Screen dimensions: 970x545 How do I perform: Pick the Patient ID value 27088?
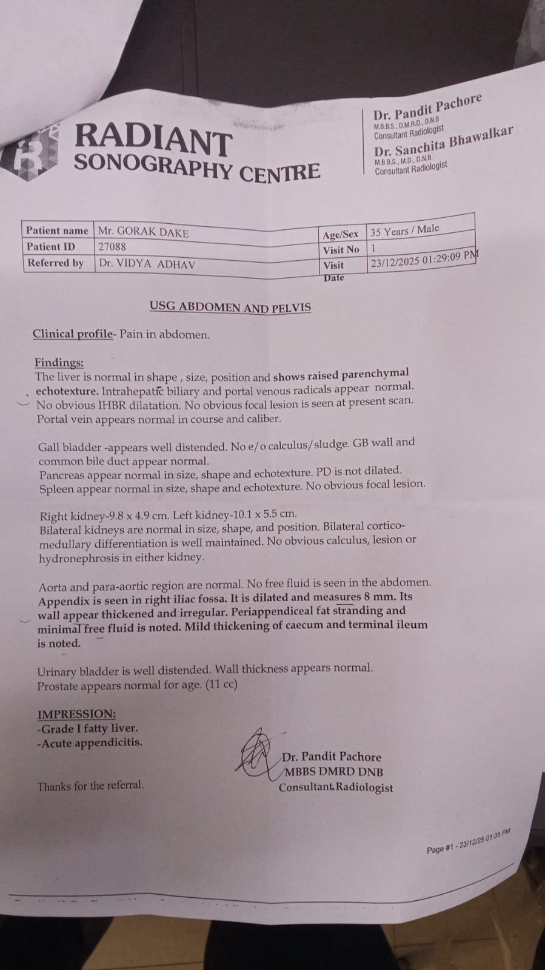[112, 247]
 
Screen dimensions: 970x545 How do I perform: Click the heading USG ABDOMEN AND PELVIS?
[230, 307]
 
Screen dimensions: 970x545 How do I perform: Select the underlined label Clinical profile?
[73, 334]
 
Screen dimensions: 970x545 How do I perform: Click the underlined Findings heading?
[59, 363]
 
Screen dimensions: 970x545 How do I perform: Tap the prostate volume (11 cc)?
[221, 684]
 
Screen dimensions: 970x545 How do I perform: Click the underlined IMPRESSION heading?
[76, 714]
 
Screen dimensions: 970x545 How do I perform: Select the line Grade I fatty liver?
[87, 729]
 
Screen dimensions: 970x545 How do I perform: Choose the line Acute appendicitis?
[90, 743]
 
